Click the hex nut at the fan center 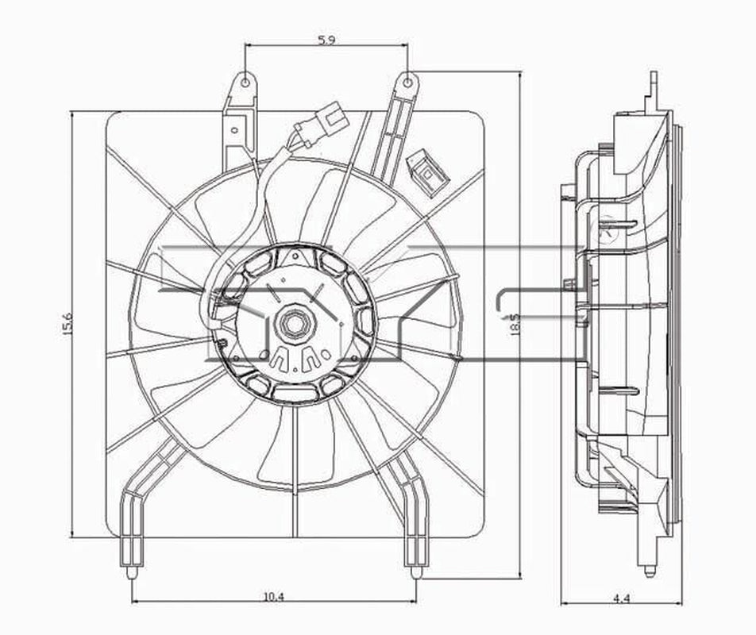pyautogui.click(x=289, y=323)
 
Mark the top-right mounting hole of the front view pyautogui.click(x=407, y=81)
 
